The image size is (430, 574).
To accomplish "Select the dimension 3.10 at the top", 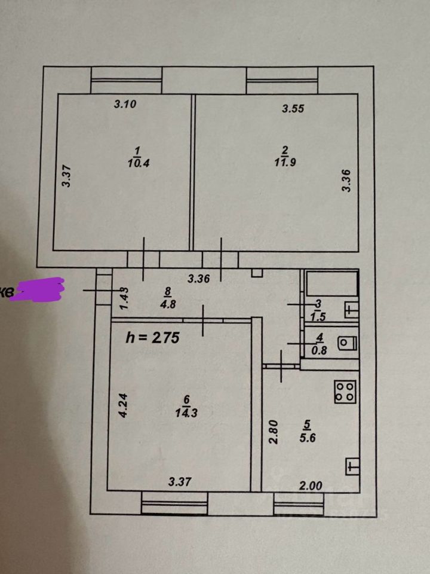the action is [125, 104].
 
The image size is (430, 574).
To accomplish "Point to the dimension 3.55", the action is [294, 109].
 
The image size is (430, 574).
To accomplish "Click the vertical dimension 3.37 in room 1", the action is [66, 176].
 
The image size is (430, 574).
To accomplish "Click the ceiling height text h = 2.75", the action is [152, 337].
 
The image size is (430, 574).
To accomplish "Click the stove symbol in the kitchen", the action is [345, 392].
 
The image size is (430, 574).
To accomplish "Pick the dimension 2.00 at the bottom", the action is [311, 486].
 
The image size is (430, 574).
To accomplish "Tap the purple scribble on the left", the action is [39, 290].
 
